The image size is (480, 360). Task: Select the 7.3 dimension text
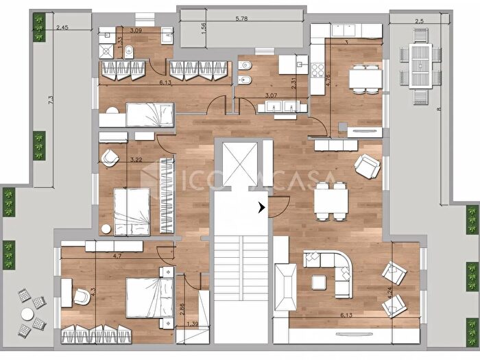[x=51, y=100]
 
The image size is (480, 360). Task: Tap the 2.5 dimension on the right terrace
[x=420, y=22]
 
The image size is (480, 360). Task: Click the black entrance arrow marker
[x=262, y=207]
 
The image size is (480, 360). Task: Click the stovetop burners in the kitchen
[x=318, y=70]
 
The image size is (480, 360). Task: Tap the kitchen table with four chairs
[x=365, y=78]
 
